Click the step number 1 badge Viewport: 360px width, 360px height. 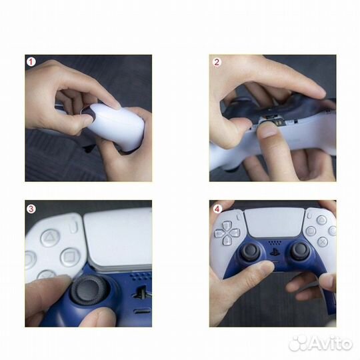(x=31, y=62)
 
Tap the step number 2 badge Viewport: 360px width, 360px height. (x=216, y=62)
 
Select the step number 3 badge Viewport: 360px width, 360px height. (x=31, y=207)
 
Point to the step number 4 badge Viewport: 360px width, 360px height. (x=216, y=207)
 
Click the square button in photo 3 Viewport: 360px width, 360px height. (x=70, y=257)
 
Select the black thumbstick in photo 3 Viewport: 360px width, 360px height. (x=85, y=292)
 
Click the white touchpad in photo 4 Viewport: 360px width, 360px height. (x=274, y=222)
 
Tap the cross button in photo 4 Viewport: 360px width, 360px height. (x=322, y=241)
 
